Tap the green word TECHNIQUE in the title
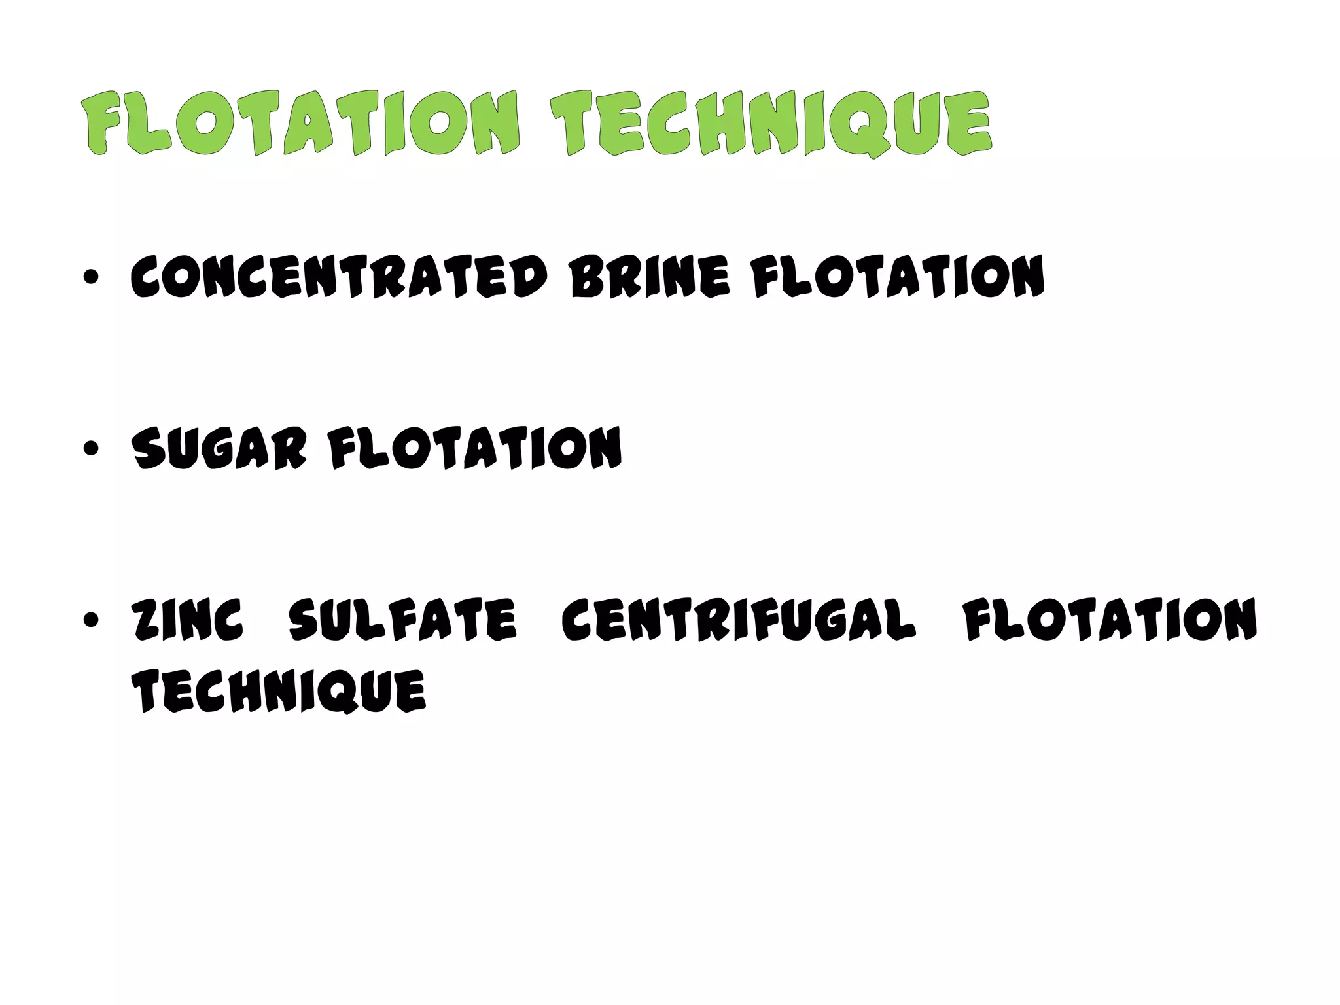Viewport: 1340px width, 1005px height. coord(770,124)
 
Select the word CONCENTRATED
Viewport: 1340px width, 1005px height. coord(338,276)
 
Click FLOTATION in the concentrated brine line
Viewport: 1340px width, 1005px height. coord(897,276)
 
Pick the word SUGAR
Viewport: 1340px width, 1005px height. coord(219,448)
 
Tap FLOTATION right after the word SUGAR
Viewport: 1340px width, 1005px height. coord(475,448)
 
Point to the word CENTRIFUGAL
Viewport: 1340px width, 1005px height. coord(738,620)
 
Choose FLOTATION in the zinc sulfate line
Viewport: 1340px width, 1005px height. coord(1110,620)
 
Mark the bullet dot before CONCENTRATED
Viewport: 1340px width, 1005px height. coord(91,277)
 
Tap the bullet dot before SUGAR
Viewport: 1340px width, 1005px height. coord(91,449)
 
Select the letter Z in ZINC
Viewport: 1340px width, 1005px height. coord(145,620)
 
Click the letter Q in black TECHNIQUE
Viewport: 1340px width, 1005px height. coord(342,692)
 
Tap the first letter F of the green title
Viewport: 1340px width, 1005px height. coord(104,124)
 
